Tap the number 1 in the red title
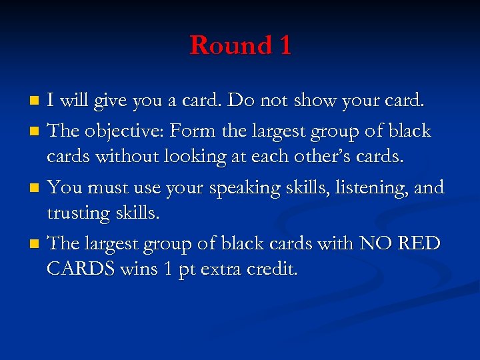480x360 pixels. pos(285,45)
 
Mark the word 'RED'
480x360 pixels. pos(419,244)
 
